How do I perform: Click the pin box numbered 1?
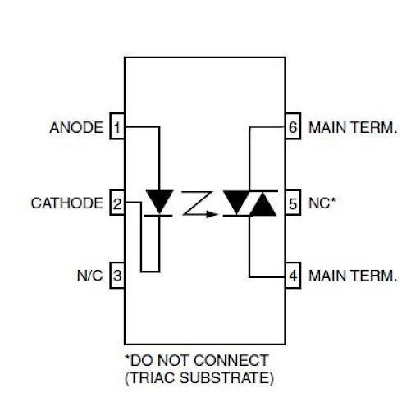[x=117, y=126]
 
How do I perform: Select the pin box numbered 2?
[x=117, y=203]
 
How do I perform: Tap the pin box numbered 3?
[x=117, y=275]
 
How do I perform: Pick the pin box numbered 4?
[x=293, y=275]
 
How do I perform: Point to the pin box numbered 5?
[x=293, y=203]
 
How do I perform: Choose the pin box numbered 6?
[x=293, y=126]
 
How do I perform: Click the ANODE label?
[x=76, y=128]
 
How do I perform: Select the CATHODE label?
[x=67, y=203]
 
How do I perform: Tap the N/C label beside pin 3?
[x=89, y=276]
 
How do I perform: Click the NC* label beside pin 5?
[x=322, y=203]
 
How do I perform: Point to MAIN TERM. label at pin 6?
[x=353, y=128]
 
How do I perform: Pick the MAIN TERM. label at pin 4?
[x=353, y=276]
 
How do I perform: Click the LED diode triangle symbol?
[x=159, y=201]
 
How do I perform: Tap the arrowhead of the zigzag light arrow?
[x=212, y=214]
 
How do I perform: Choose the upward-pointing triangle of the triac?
[x=262, y=204]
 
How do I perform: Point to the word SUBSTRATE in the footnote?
[x=224, y=377]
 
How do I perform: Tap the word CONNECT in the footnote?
[x=232, y=360]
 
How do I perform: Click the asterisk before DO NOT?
[x=127, y=358]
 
